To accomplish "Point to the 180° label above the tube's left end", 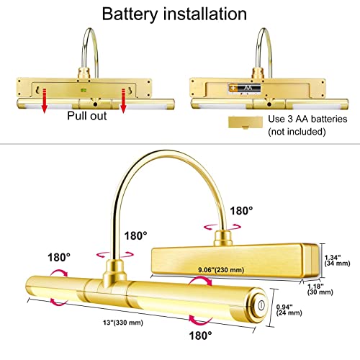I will pos(60,256).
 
